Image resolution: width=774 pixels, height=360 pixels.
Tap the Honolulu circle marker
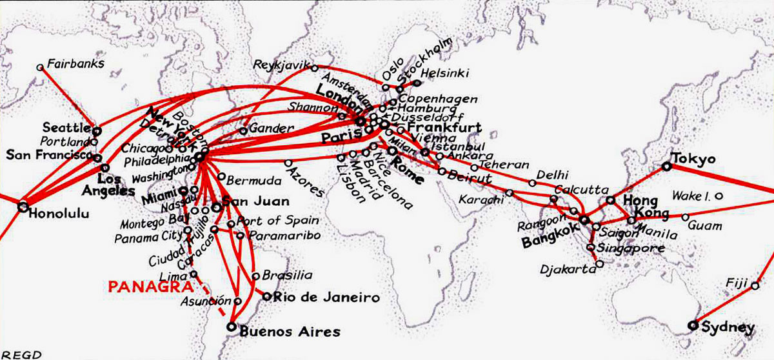(23, 207)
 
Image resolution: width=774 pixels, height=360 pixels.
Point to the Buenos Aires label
(289, 332)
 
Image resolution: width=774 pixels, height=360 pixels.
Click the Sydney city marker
(693, 325)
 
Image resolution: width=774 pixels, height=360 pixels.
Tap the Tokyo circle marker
(667, 166)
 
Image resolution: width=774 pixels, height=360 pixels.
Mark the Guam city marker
(686, 217)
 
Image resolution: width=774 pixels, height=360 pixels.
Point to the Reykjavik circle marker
(315, 68)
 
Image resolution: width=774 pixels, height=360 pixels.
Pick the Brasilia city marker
(256, 276)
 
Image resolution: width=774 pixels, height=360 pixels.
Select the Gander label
(271, 129)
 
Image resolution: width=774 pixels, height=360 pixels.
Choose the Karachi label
(481, 199)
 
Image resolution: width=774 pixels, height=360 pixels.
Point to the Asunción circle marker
(238, 301)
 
